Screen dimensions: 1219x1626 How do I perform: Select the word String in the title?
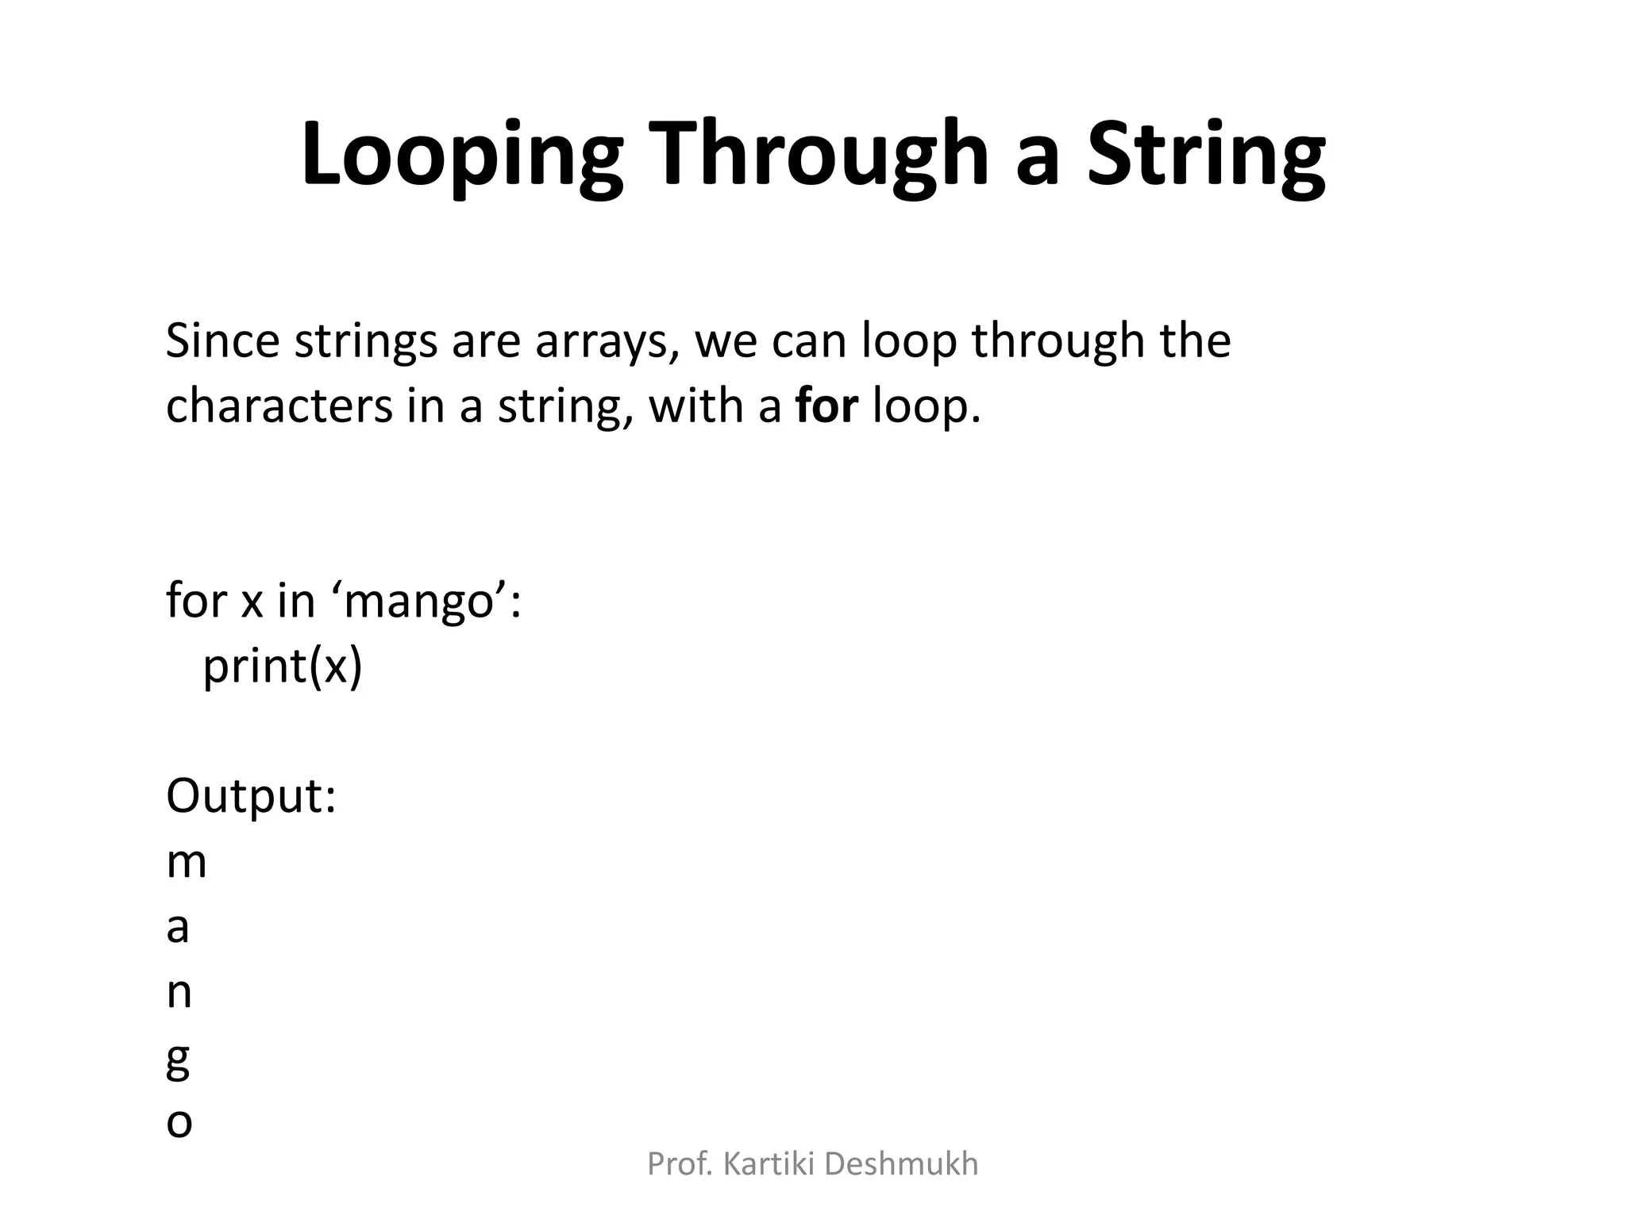[1206, 155]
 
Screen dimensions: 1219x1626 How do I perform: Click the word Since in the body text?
[222, 340]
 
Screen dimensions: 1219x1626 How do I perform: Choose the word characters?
[279, 406]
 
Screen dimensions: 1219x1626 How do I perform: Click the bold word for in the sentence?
[826, 406]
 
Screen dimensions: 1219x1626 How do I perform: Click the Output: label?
[251, 795]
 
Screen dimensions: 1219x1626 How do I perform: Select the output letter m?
[187, 863]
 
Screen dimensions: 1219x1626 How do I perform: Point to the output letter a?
[178, 928]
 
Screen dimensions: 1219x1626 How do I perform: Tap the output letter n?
[179, 993]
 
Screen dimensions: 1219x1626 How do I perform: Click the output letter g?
[178, 1061]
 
